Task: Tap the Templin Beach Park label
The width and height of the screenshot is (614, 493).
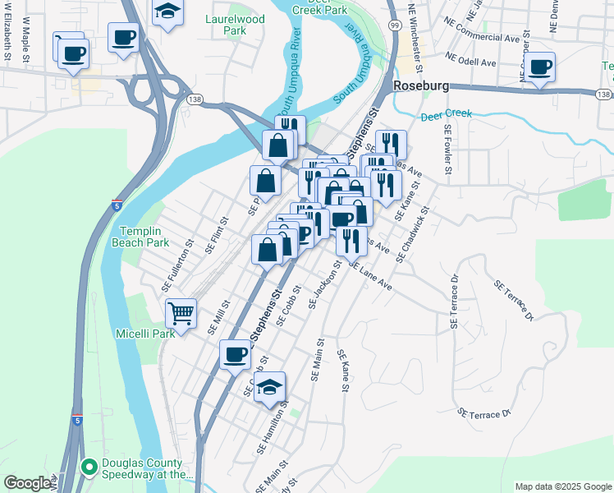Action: pyautogui.click(x=144, y=237)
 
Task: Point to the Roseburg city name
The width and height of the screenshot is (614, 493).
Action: pyautogui.click(x=424, y=85)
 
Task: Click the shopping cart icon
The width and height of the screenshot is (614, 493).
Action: pyautogui.click(x=181, y=312)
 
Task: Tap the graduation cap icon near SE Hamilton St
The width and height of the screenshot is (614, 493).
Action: pyautogui.click(x=270, y=386)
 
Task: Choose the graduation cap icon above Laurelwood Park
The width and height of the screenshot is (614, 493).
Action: pyautogui.click(x=167, y=12)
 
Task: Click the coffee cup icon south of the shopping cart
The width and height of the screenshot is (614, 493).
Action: pyautogui.click(x=236, y=354)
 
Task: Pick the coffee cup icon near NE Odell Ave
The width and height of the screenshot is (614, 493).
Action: pyautogui.click(x=540, y=67)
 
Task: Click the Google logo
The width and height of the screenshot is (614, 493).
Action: pyautogui.click(x=26, y=483)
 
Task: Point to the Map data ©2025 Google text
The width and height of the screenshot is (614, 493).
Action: pyautogui.click(x=562, y=486)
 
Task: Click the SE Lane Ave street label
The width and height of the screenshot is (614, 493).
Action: pyautogui.click(x=370, y=276)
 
